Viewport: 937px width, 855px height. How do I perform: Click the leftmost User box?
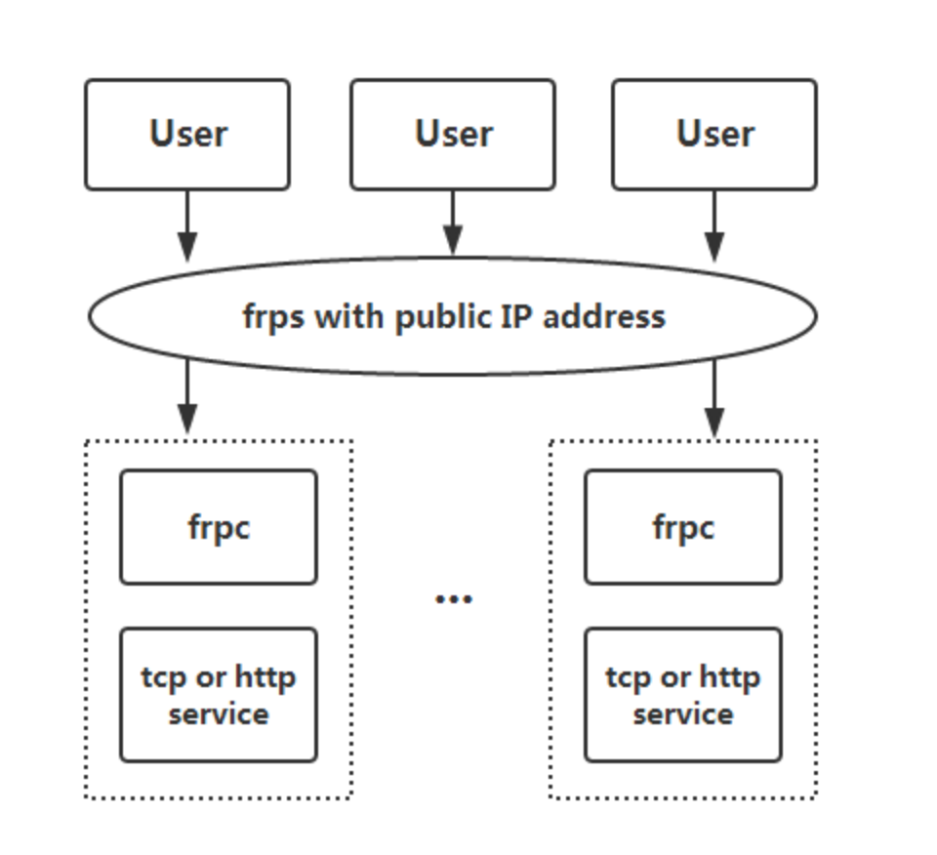(187, 135)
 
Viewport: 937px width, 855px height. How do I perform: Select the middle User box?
(453, 135)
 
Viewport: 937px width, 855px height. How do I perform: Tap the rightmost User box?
(714, 135)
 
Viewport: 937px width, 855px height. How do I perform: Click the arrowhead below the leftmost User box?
(187, 247)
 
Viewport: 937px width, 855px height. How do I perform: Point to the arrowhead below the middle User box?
(453, 240)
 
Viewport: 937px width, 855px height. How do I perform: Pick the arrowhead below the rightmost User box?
(714, 247)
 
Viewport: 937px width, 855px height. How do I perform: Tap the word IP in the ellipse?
(516, 315)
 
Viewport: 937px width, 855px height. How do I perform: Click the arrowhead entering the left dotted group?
(187, 419)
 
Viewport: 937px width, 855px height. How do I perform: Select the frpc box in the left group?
(219, 527)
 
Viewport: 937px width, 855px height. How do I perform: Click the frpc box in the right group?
(683, 527)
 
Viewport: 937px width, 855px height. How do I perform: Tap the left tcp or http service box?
(219, 695)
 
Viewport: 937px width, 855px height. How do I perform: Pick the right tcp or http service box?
(683, 695)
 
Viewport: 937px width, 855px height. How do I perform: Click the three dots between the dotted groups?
(454, 598)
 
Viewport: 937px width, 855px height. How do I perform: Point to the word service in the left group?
(219, 714)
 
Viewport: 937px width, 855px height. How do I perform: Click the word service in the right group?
(683, 714)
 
